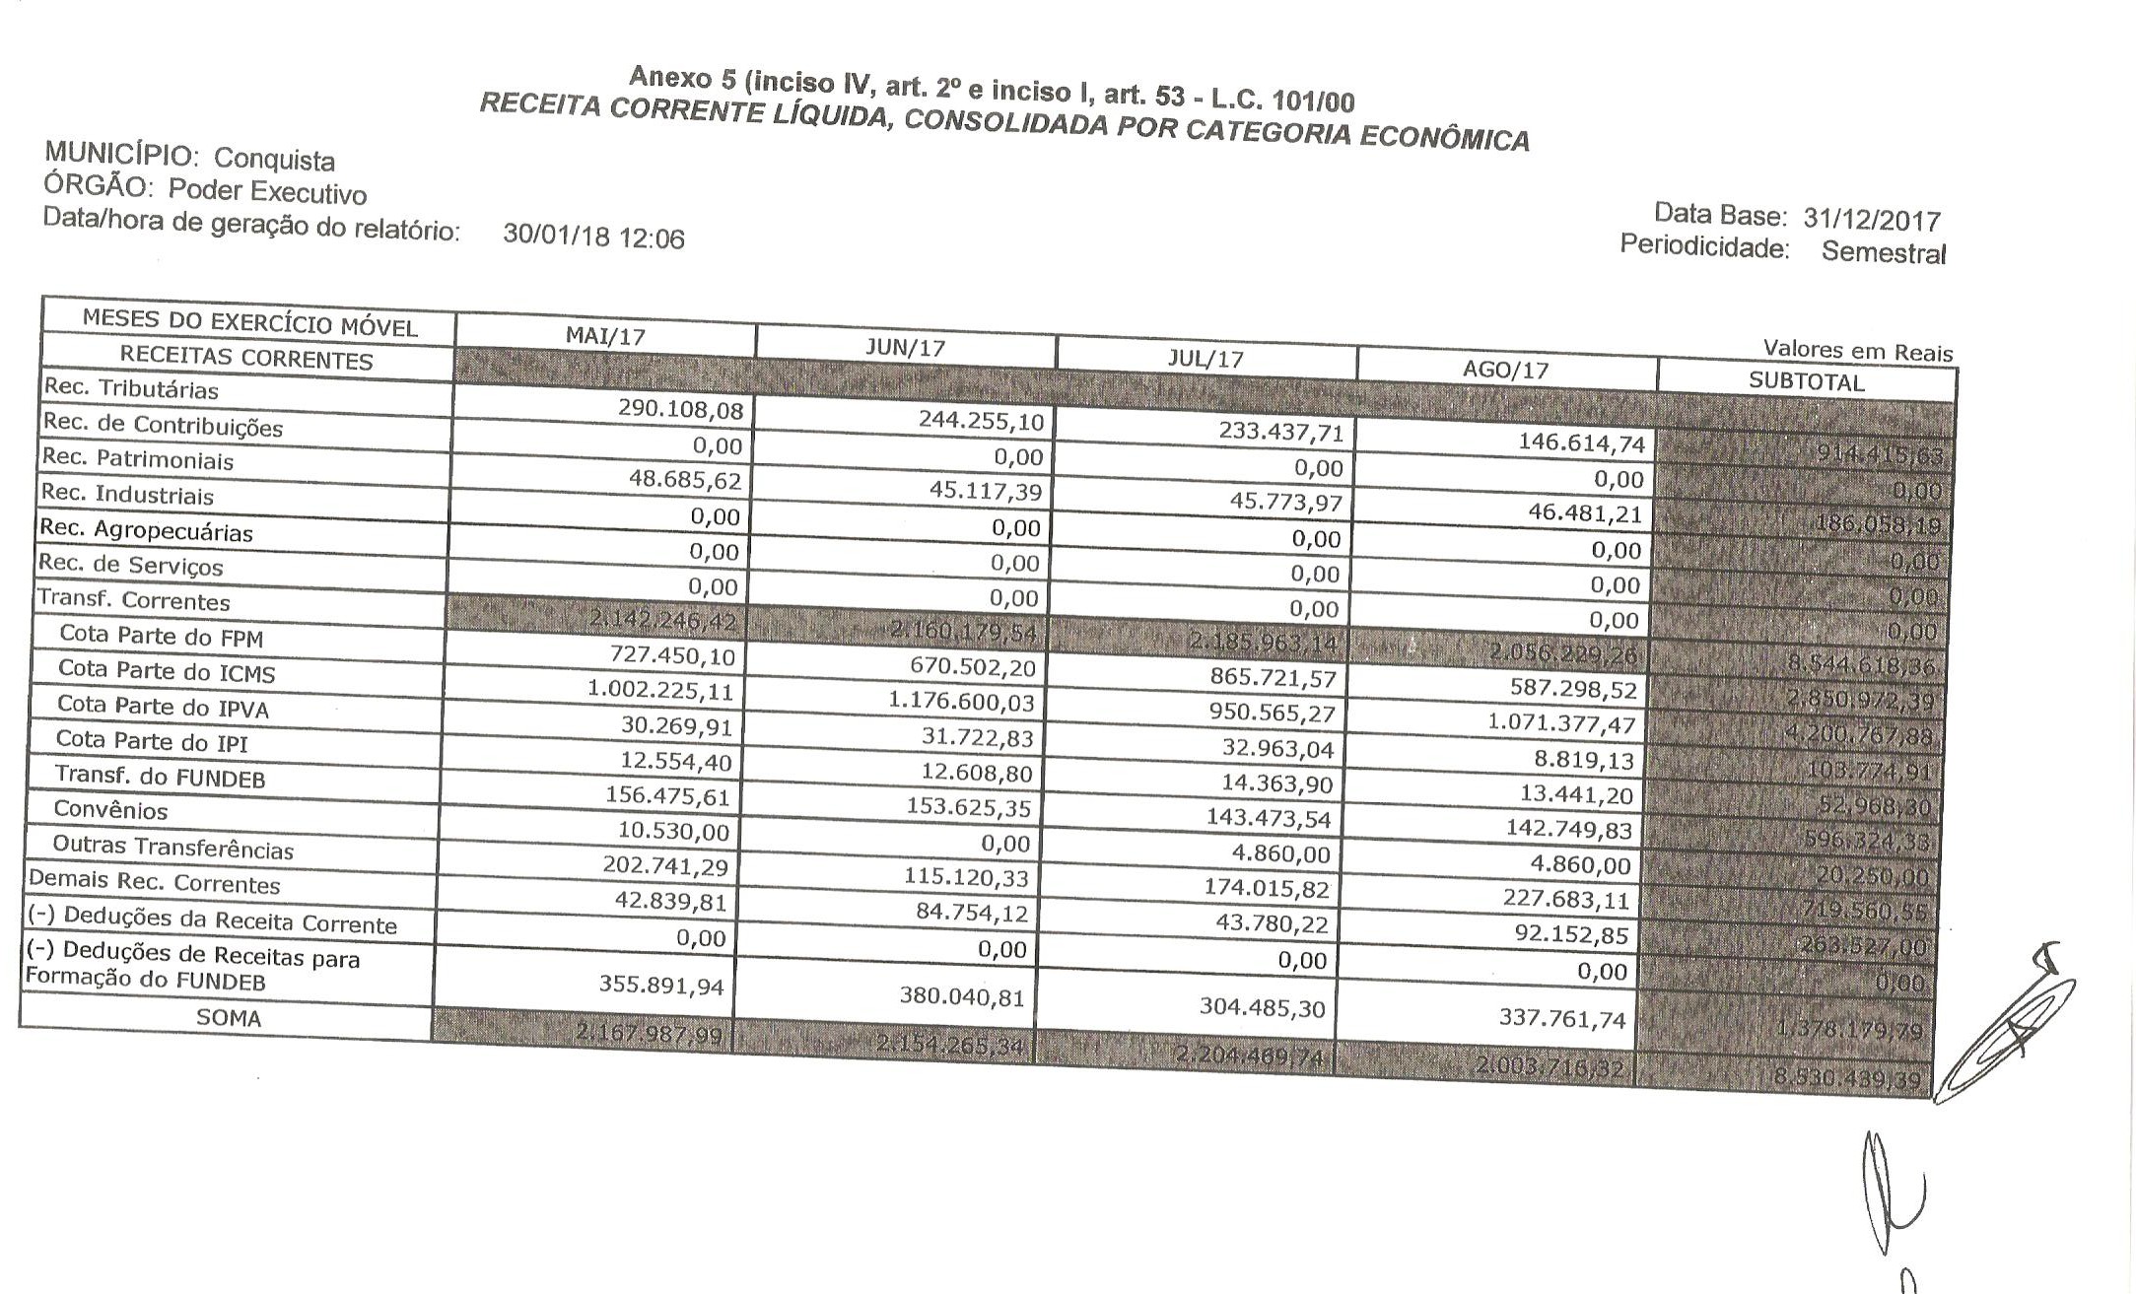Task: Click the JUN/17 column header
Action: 905,348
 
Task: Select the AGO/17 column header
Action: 1506,370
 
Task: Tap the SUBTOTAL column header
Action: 1806,382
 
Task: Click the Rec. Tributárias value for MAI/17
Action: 680,409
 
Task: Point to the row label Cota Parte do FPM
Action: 161,636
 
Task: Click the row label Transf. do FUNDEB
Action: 160,777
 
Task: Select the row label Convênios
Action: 110,810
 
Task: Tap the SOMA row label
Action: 229,1018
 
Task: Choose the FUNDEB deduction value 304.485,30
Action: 1263,1007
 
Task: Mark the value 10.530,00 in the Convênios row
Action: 673,832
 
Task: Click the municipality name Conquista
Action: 274,159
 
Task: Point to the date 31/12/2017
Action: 1872,219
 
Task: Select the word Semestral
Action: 1883,252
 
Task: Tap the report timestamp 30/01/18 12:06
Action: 593,237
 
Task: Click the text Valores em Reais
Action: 1857,351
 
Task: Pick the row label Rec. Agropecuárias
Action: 145,530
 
